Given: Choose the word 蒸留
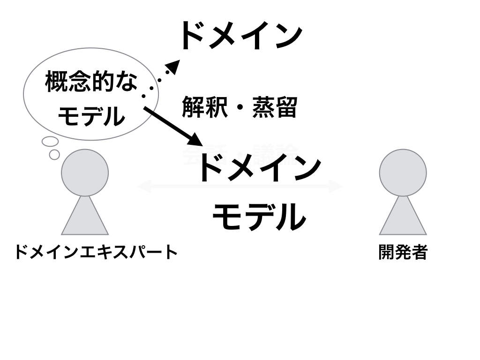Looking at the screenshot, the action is click(275, 107).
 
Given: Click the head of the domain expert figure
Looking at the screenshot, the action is click(85, 172).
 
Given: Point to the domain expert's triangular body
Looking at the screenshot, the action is click(85, 218).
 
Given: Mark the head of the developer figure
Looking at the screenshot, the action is click(403, 172).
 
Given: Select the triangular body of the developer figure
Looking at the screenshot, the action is click(403, 218).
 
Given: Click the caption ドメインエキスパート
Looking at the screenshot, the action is click(96, 253).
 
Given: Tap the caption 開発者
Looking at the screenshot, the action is click(403, 253).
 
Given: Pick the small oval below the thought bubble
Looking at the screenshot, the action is click(50, 141).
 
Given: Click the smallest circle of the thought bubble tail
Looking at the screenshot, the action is click(54, 154).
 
